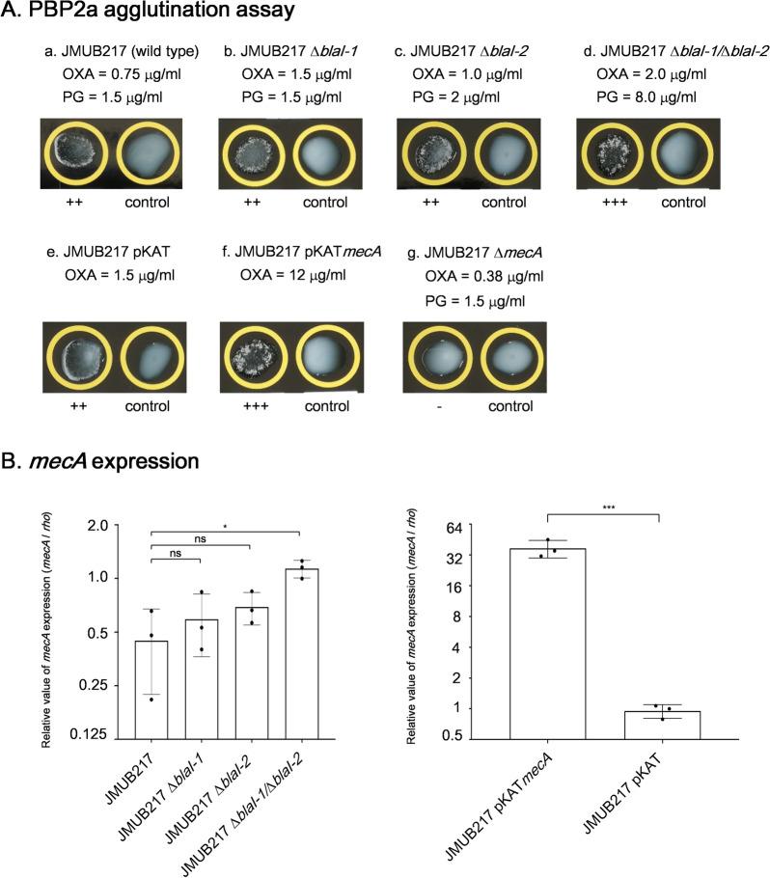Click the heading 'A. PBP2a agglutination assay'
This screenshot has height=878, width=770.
pyautogui.click(x=142, y=14)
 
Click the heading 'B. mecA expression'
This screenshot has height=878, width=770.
pyautogui.click(x=102, y=461)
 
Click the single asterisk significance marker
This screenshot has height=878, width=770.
pyautogui.click(x=223, y=528)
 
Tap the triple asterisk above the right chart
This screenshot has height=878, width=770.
pyautogui.click(x=604, y=506)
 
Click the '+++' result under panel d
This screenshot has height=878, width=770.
pyautogui.click(x=611, y=204)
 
